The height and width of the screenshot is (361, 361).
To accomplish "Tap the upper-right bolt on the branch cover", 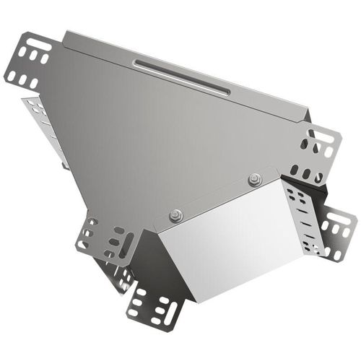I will pyautogui.click(x=253, y=180).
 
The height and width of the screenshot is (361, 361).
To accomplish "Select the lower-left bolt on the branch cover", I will pyautogui.click(x=175, y=214).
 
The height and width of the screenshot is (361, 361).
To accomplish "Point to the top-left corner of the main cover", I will pyautogui.click(x=66, y=34).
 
